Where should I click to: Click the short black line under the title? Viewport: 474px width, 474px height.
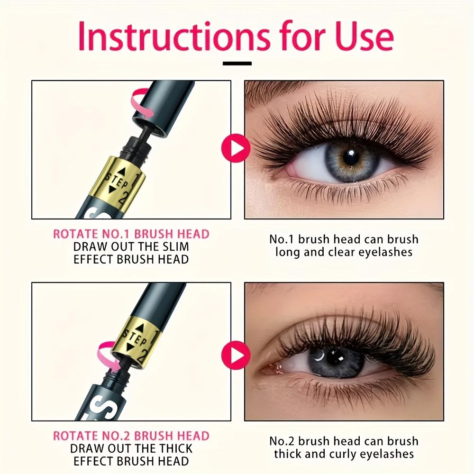point(237,64)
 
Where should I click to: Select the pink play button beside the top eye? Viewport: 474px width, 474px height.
point(236,148)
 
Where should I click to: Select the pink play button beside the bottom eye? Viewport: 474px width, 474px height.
point(236,355)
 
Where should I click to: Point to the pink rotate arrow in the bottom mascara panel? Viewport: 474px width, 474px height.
point(109,357)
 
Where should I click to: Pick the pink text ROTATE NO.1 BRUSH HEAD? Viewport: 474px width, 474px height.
point(131,234)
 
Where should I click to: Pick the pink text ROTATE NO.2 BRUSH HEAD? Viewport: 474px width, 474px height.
point(131,436)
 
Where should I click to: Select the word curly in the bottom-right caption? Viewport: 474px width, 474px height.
point(343,454)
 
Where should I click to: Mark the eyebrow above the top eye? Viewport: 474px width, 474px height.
point(272,91)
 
